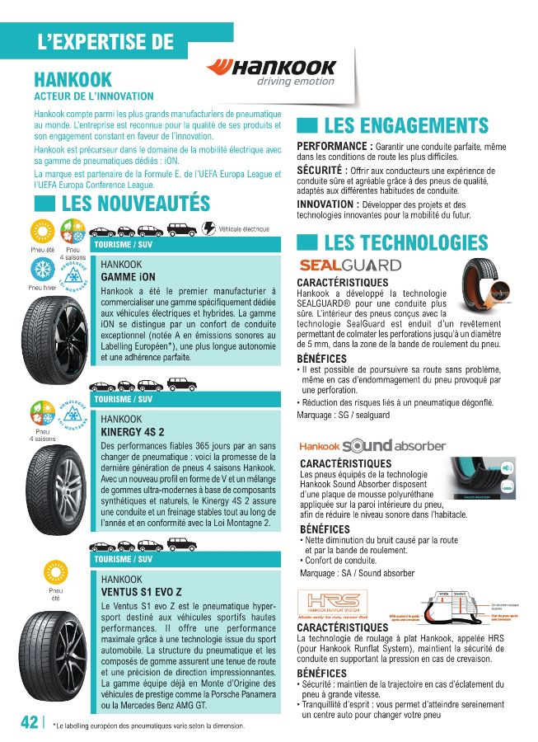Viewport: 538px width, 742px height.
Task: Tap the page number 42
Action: [29, 721]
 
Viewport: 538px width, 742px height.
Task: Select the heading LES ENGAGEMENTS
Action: [405, 126]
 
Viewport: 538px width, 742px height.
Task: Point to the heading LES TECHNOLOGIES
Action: [405, 242]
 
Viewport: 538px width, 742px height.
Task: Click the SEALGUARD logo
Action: [349, 265]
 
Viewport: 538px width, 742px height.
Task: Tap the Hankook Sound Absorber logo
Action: [372, 446]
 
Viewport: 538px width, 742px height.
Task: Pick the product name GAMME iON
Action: [128, 277]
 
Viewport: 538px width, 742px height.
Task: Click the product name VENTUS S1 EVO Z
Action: [141, 592]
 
